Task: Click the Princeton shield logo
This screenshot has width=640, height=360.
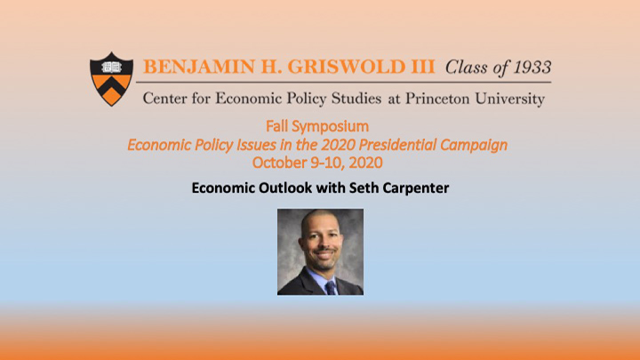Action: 111,79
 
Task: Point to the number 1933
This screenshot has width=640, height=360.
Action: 532,68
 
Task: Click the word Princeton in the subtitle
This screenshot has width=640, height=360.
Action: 437,99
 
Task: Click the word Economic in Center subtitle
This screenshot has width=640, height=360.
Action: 249,99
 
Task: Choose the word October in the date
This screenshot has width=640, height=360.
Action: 279,163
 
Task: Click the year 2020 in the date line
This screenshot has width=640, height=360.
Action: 365,163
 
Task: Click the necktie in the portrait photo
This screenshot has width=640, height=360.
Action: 330,287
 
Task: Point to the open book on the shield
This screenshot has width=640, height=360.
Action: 111,67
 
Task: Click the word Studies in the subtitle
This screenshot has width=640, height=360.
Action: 356,99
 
